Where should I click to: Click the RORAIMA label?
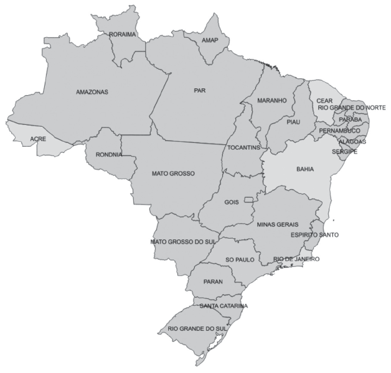122,35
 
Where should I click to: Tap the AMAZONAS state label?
92,92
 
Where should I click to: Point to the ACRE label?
38,139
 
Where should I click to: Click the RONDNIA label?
109,155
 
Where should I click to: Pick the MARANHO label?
272,100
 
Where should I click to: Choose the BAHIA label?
305,169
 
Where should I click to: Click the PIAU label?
293,122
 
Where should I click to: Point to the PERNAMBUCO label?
339,131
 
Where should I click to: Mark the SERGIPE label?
344,152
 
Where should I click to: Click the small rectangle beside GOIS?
248,199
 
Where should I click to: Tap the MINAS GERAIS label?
277,224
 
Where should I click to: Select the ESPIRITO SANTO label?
314,235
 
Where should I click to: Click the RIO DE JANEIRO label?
296,259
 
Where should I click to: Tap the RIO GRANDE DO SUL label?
197,328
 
